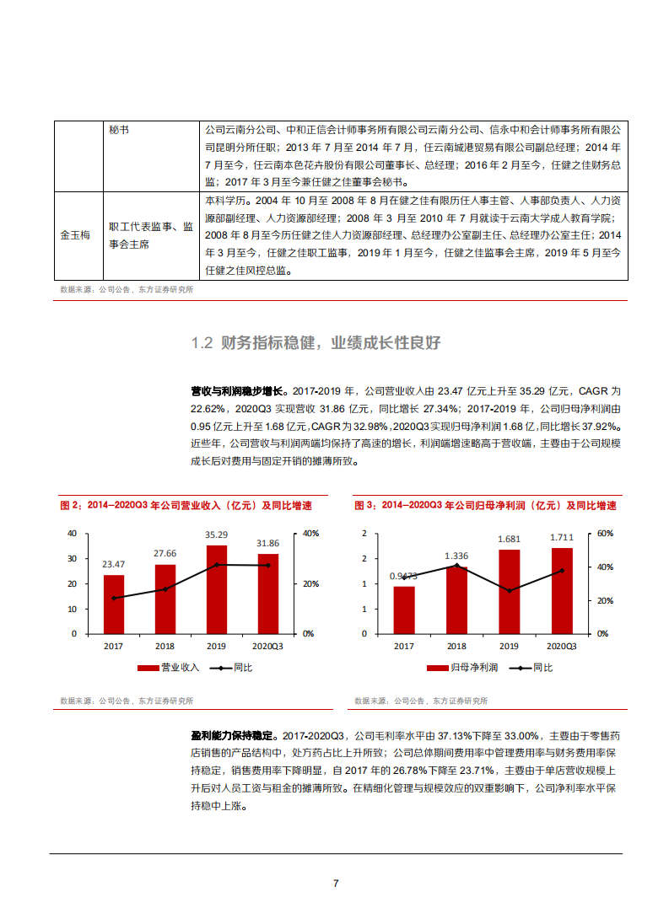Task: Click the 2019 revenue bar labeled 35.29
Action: coord(218,589)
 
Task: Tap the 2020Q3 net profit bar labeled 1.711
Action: coord(561,590)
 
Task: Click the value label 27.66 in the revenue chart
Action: coord(165,552)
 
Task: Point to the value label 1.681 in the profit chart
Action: coord(509,538)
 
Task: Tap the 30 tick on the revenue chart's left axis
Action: coord(72,559)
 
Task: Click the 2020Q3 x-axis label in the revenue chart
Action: coord(269,646)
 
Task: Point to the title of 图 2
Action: coord(186,506)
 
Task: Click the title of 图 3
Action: coord(485,506)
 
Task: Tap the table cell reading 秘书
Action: coord(120,132)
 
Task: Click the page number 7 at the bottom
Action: coord(336,884)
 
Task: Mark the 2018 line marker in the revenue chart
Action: coord(165,589)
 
